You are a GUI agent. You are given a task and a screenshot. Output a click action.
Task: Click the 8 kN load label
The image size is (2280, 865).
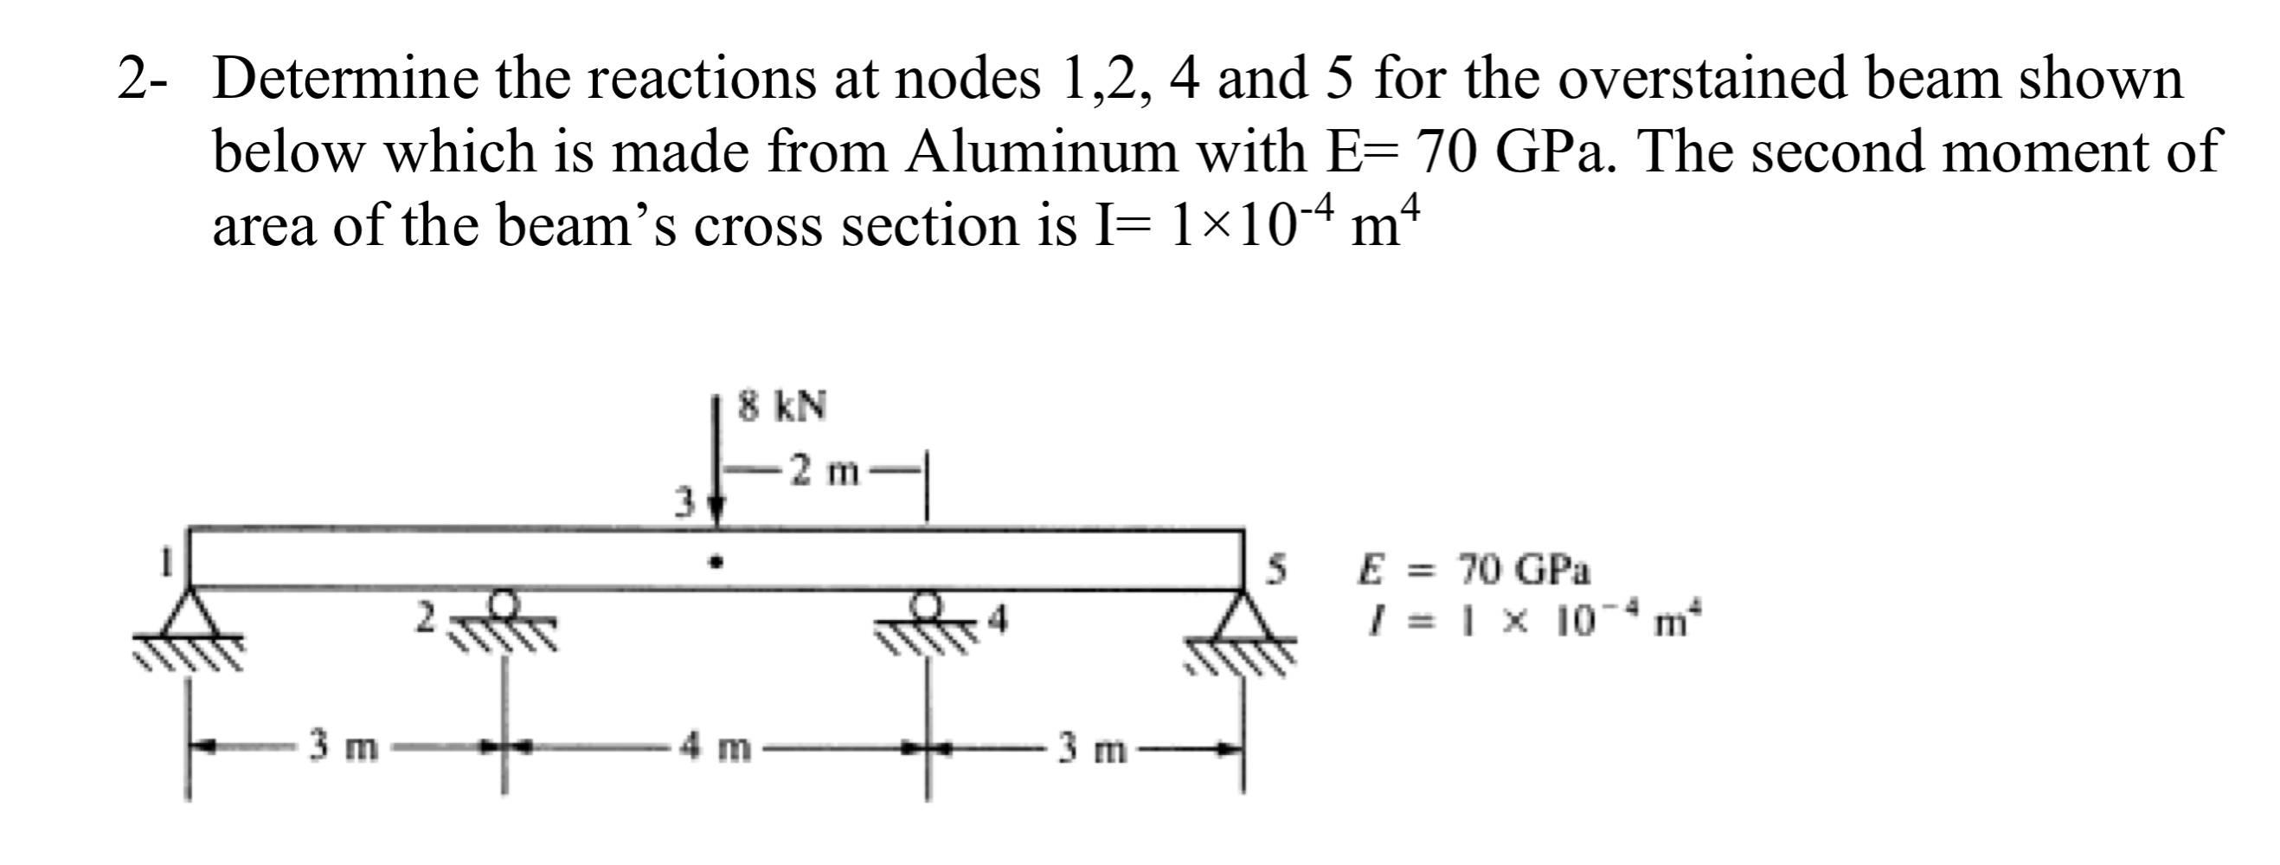pos(782,406)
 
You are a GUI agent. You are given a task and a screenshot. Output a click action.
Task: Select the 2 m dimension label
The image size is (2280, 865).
pos(824,471)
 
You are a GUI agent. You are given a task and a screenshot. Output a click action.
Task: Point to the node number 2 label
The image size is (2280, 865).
pos(427,618)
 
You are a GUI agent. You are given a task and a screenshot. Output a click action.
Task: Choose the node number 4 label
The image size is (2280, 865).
pos(999,622)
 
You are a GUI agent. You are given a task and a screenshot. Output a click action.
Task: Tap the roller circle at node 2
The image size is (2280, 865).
pos(504,604)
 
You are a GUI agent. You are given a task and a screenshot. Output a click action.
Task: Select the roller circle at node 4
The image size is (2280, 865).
pos(927,604)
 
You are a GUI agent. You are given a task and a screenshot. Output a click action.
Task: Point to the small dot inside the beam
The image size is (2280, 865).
pos(719,561)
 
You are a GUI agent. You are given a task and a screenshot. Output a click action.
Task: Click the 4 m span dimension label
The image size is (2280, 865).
pos(716,748)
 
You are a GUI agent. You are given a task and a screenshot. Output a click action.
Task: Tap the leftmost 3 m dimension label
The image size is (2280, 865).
pos(344,748)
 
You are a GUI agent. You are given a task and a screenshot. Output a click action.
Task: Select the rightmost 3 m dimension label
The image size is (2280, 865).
pos(1093,750)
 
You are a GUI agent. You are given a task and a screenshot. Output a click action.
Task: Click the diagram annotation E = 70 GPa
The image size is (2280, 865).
pos(1474,571)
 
